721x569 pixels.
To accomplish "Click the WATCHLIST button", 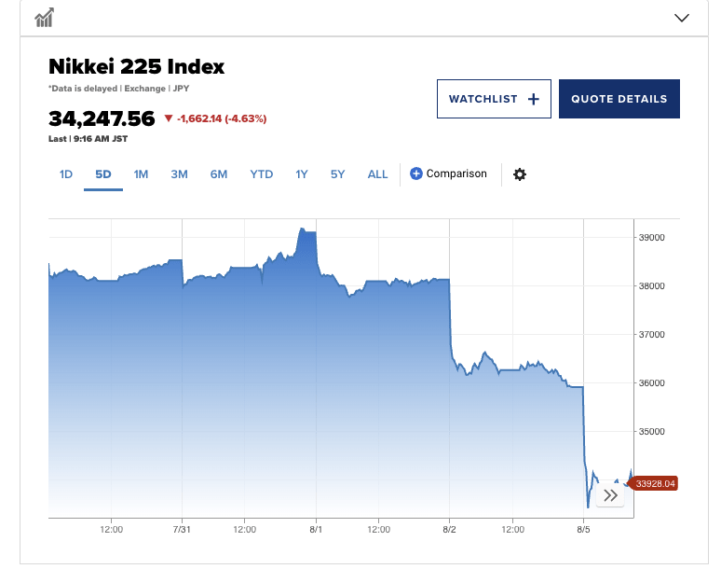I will [494, 99].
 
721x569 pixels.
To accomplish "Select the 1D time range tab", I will [66, 174].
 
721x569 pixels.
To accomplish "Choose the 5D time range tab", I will [103, 174].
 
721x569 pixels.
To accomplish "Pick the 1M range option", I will [141, 174].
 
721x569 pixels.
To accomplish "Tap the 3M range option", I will [180, 174].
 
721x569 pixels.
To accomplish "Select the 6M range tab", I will [219, 174].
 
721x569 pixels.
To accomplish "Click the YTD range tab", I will [261, 174].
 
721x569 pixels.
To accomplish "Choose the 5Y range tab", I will [337, 174].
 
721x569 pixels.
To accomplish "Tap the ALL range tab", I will [377, 174].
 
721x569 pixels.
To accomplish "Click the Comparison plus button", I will [416, 173].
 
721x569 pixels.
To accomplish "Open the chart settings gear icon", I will [520, 174].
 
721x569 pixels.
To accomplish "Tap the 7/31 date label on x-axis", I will [182, 529].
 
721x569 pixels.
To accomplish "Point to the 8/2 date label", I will [449, 529].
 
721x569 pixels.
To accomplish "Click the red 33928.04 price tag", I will [655, 483].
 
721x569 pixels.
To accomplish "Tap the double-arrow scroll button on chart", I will [610, 495].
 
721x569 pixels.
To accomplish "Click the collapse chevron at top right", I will [681, 18].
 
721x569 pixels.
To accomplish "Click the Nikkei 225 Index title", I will [137, 67].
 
